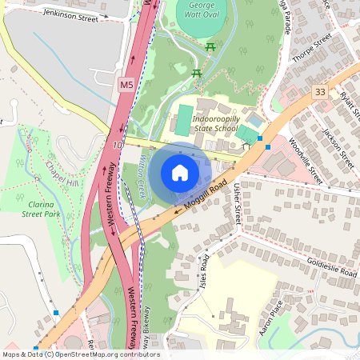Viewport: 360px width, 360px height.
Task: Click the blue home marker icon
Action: coord(180,173)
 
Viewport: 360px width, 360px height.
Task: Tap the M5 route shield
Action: coord(126,83)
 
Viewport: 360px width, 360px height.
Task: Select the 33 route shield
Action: coord(321,92)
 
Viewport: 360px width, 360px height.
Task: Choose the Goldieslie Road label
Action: coord(332,268)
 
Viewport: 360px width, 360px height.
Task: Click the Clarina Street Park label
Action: coord(42,210)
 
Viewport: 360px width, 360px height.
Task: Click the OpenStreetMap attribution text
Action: coord(81,354)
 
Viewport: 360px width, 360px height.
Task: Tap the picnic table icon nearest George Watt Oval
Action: coord(211,48)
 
